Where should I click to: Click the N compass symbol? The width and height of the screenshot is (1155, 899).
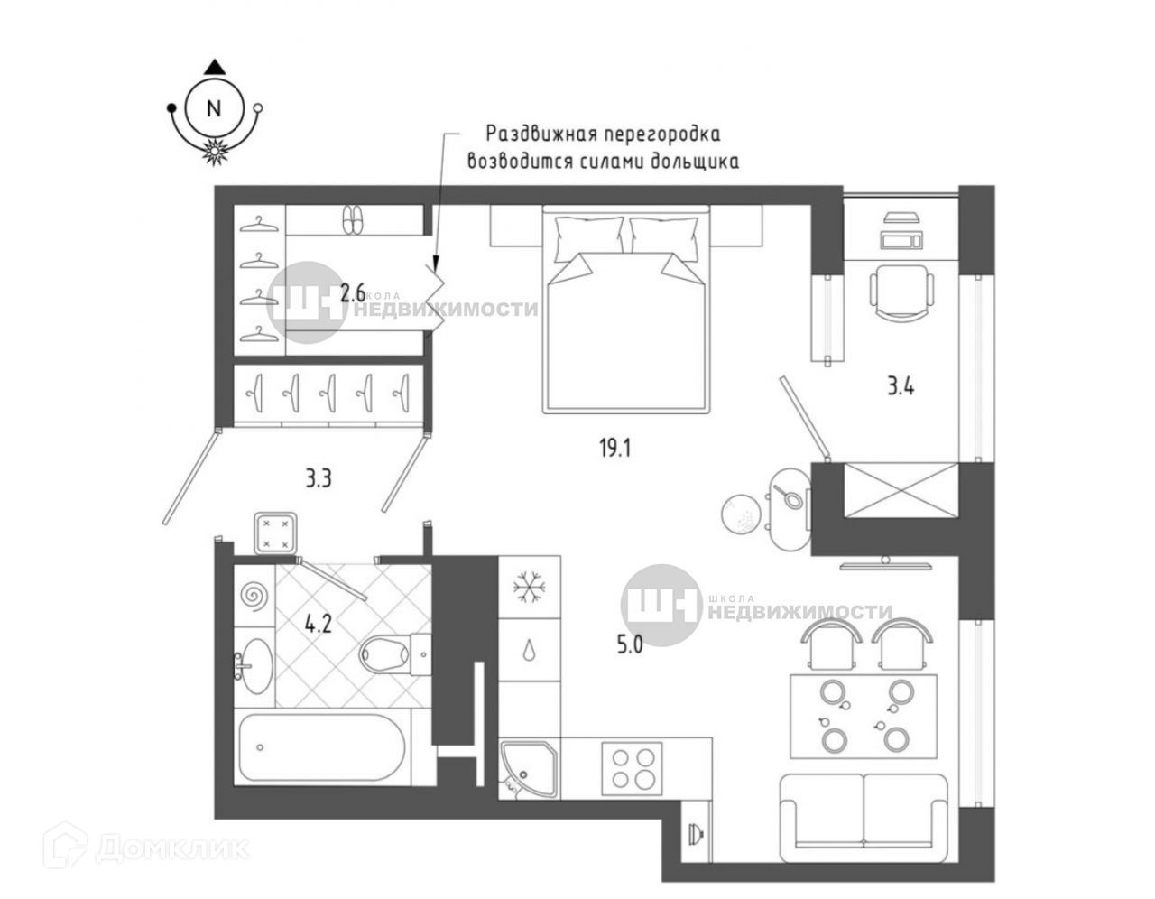point(214,109)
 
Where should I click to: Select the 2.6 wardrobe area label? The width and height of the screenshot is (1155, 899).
point(353,292)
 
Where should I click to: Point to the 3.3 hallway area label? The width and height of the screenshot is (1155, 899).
point(318,478)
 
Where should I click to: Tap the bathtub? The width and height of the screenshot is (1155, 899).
point(325,746)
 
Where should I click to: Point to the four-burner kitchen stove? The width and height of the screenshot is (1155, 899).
point(631,766)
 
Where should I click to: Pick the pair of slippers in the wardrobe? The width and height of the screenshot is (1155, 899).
point(353,220)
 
